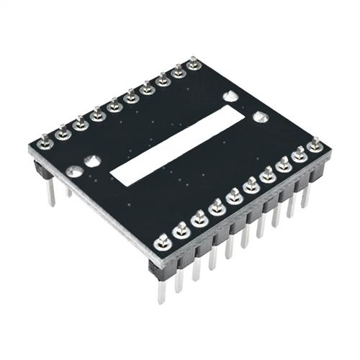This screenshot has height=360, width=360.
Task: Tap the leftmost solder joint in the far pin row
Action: coord(45,141)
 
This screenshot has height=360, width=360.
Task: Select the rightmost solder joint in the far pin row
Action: coord(193,65)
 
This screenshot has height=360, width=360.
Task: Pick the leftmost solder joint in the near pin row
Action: coord(163,241)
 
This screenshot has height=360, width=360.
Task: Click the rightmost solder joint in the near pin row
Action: coord(314,146)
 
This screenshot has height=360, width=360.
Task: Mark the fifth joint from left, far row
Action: coord(114,107)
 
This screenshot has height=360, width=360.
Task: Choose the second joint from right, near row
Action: coord(299,155)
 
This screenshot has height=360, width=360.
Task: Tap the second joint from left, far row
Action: coord(63,132)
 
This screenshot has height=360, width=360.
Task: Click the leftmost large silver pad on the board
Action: coord(74,171)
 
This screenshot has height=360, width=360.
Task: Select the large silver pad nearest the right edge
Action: coord(261,116)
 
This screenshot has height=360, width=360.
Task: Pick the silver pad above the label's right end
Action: coord(230,96)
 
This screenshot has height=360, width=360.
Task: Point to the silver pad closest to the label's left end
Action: coord(92,161)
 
